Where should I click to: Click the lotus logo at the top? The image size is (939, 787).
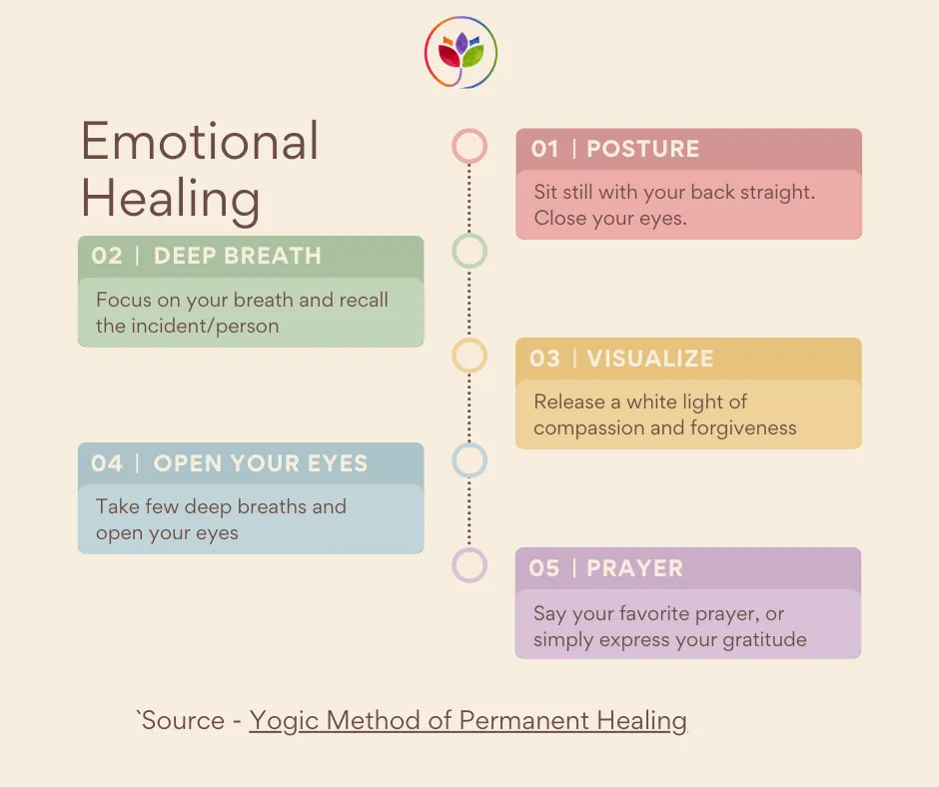point(461,52)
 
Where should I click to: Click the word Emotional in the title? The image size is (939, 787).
point(200,143)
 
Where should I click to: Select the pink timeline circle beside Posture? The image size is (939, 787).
point(469,146)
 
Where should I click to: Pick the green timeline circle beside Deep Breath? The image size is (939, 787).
point(469,251)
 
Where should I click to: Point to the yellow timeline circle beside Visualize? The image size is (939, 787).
point(469,356)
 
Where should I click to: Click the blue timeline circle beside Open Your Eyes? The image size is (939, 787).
point(469,460)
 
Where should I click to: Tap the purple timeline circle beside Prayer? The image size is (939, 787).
point(469,565)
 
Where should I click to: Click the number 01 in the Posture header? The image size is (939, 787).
point(544,150)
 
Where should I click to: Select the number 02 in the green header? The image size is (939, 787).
point(107,256)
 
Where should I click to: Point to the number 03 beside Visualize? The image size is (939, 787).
point(544,359)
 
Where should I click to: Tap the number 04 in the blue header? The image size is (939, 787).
point(107,463)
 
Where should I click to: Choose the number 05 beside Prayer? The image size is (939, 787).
point(544,568)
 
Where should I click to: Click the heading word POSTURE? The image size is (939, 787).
point(642,150)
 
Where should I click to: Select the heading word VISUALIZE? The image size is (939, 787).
point(649,359)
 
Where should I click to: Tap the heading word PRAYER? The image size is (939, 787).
point(634,568)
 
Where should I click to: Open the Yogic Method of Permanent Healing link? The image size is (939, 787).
point(468,720)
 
